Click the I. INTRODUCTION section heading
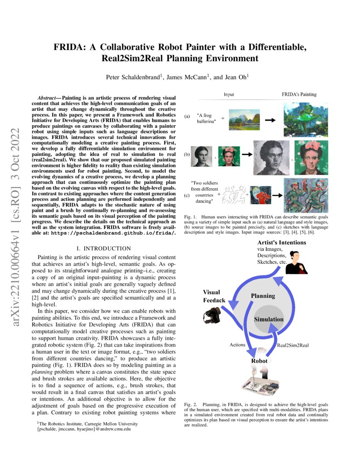[106, 248]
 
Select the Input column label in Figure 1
[229, 94]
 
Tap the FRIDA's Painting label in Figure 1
[299, 94]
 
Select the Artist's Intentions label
[282, 243]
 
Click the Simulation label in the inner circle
[269, 319]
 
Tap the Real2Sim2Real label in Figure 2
[293, 345]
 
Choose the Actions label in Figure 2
[237, 344]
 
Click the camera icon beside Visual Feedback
[211, 316]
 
